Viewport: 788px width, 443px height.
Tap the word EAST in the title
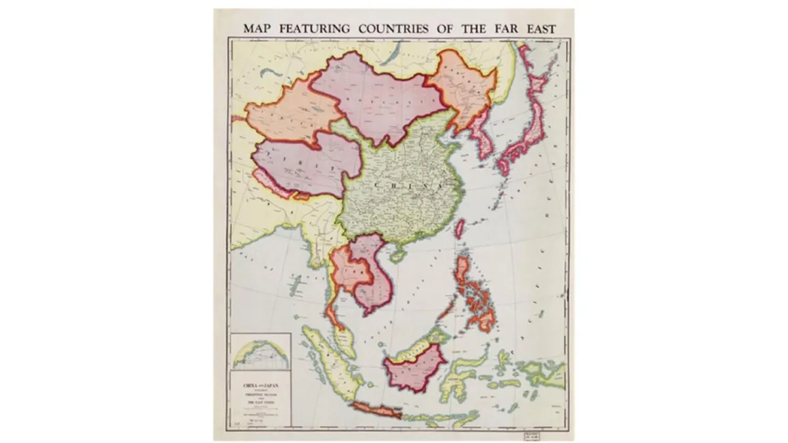538,29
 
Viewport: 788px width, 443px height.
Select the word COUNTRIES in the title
393,29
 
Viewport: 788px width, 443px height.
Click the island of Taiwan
460,228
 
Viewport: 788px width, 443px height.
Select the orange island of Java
380,410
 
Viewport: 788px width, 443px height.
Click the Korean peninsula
484,138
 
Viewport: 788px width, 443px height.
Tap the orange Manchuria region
463,89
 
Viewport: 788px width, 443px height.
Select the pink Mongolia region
381,98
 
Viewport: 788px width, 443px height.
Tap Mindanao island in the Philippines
484,316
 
